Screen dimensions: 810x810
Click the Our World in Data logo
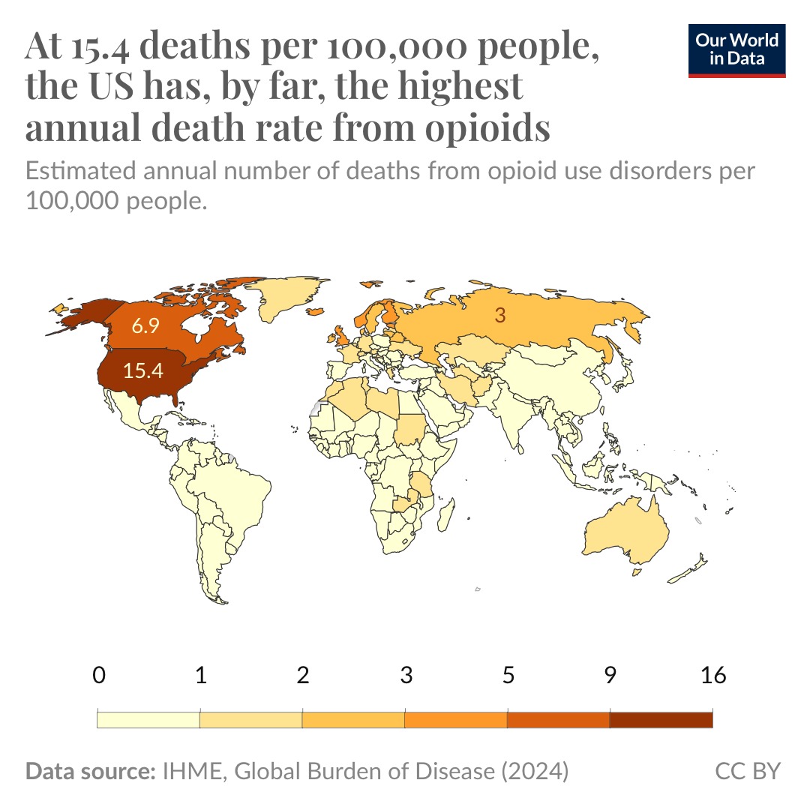point(736,50)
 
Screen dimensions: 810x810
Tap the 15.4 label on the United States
point(143,370)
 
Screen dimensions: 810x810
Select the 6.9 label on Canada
point(144,326)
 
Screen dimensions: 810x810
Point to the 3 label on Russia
point(499,316)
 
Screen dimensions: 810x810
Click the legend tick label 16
point(712,675)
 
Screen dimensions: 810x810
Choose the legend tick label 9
point(610,675)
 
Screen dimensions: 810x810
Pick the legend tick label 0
point(98,675)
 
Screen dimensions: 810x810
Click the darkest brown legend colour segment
point(661,720)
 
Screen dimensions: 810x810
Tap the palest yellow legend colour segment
point(148,720)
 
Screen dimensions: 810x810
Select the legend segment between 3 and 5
point(456,720)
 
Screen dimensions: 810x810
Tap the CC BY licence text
point(748,771)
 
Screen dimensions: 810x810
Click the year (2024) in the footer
point(534,771)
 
